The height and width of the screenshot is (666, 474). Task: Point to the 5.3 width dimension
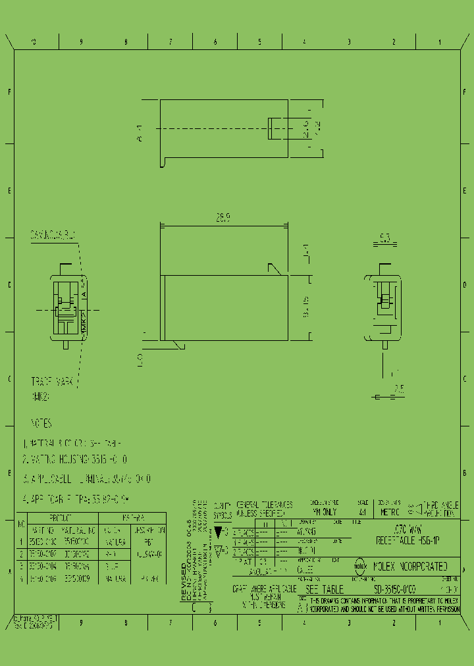click(x=385, y=238)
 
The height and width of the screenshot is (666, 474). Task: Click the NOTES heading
click(x=41, y=423)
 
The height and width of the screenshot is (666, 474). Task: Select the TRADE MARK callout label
click(x=53, y=382)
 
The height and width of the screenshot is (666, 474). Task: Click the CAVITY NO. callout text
click(x=53, y=234)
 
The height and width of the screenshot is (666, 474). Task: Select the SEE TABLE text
click(x=321, y=590)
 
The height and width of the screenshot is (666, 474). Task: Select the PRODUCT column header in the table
click(x=63, y=517)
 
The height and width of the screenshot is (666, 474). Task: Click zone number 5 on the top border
click(x=259, y=41)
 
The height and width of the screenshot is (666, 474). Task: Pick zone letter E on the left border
click(x=9, y=191)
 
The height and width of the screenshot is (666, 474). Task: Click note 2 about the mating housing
click(x=75, y=459)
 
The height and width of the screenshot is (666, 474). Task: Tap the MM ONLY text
click(x=324, y=511)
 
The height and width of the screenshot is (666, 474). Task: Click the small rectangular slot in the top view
click(x=272, y=128)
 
